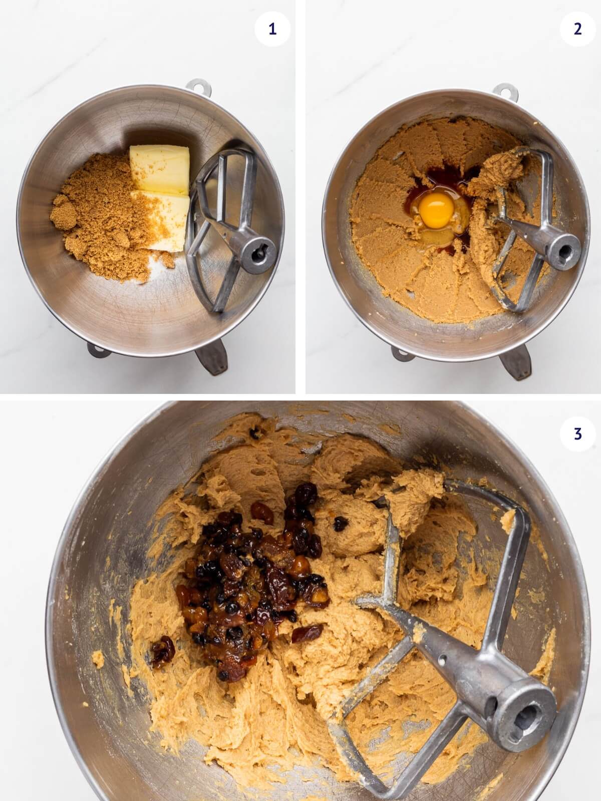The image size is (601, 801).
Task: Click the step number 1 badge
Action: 272,29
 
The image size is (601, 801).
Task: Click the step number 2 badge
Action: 577,29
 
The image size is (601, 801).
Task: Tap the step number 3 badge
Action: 577,434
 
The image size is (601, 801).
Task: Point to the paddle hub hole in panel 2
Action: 564,249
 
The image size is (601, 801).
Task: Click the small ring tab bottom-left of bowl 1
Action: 98,350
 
